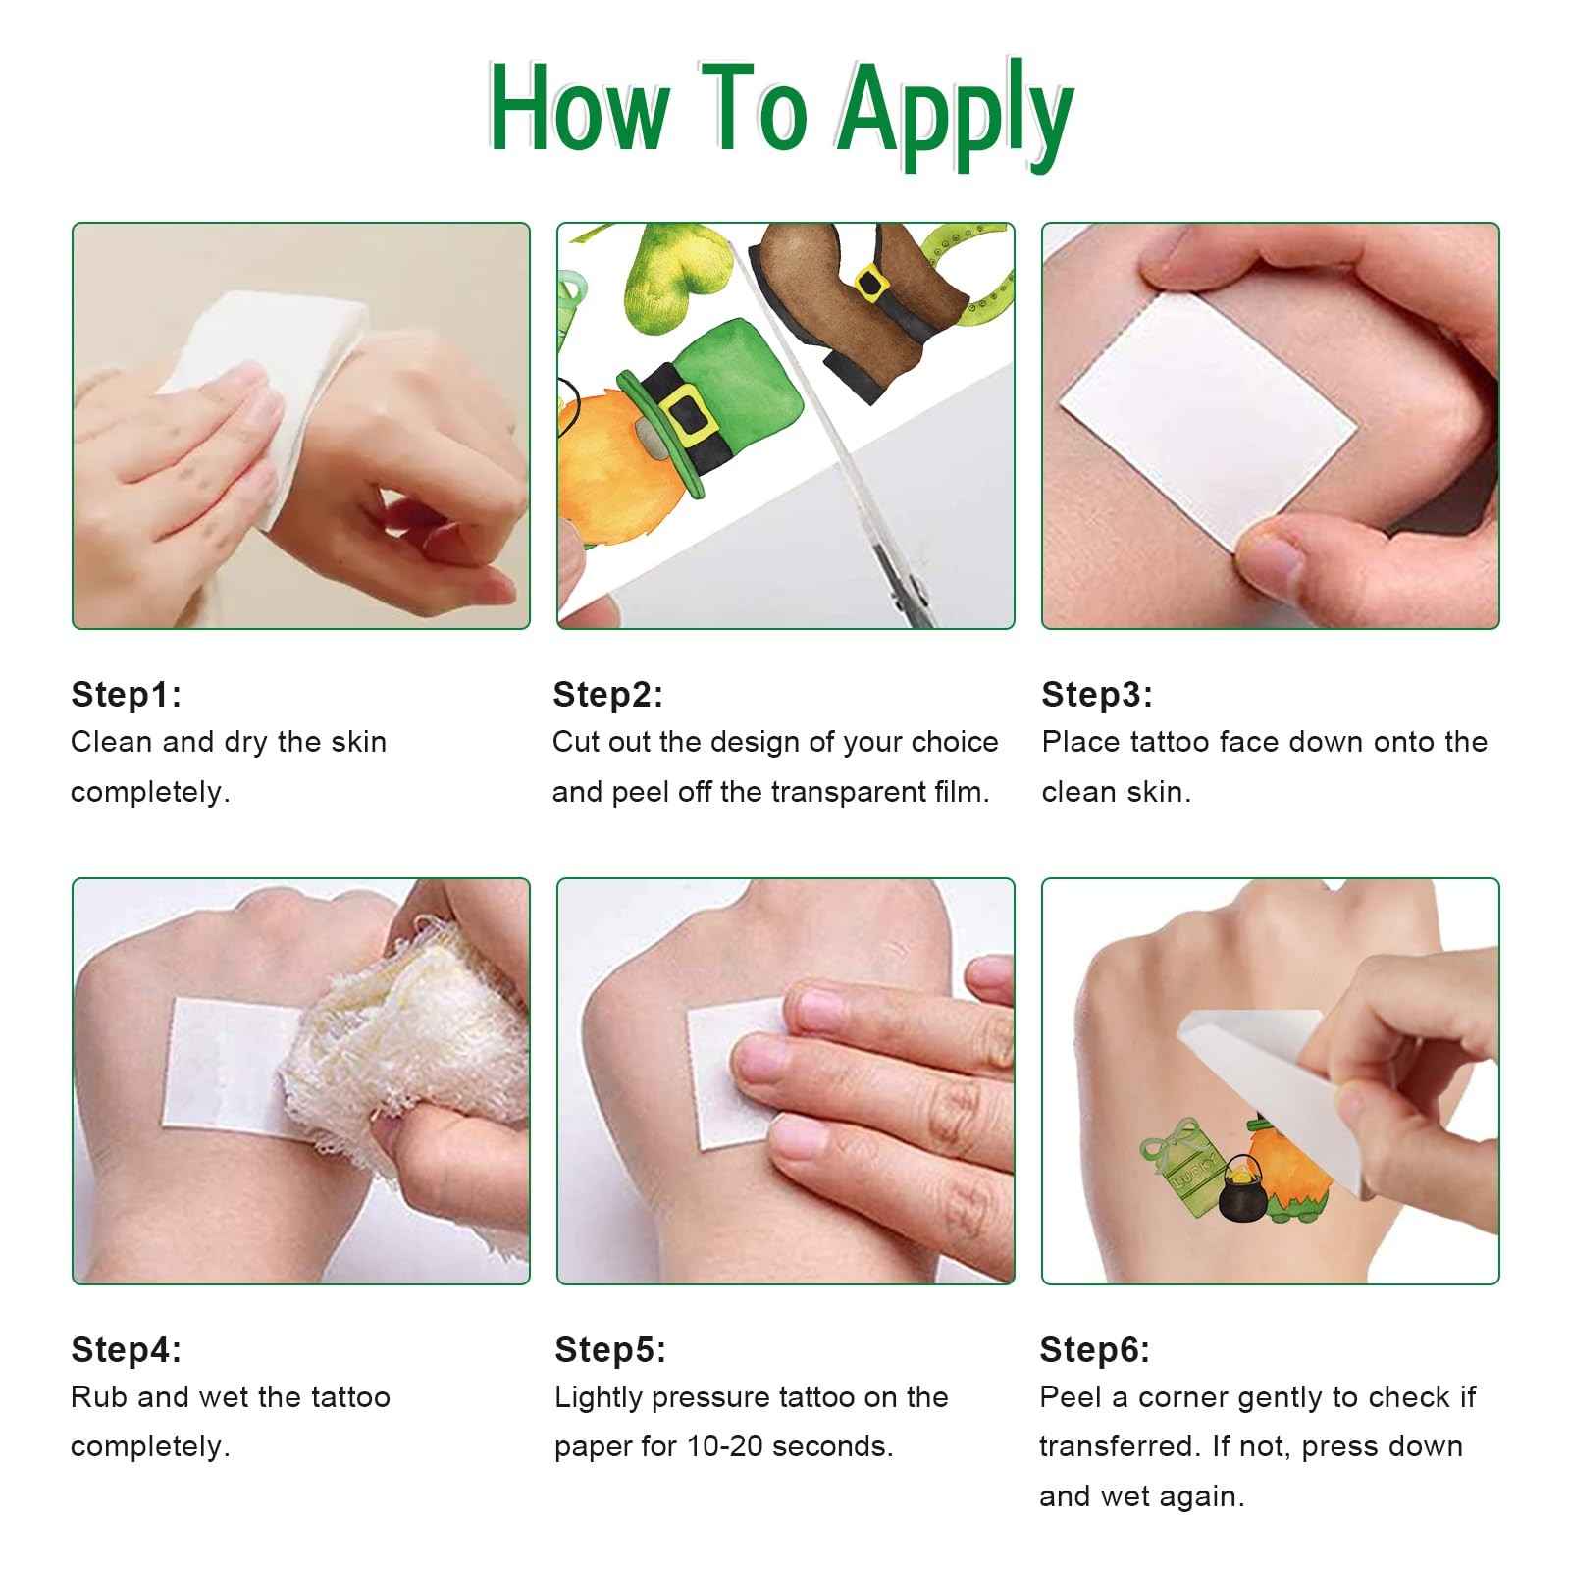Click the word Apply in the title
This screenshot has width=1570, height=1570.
tap(956, 113)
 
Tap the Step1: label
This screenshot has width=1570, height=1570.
tap(127, 694)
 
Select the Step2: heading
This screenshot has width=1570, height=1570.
tap(608, 694)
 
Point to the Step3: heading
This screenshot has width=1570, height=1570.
tap(1097, 694)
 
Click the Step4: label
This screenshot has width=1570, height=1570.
tap(127, 1349)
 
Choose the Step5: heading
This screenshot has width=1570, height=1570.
tap(610, 1349)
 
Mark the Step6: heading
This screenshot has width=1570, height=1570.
tap(1095, 1349)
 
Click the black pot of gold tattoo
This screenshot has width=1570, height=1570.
tap(1242, 1188)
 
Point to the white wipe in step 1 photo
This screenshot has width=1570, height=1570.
tap(265, 392)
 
